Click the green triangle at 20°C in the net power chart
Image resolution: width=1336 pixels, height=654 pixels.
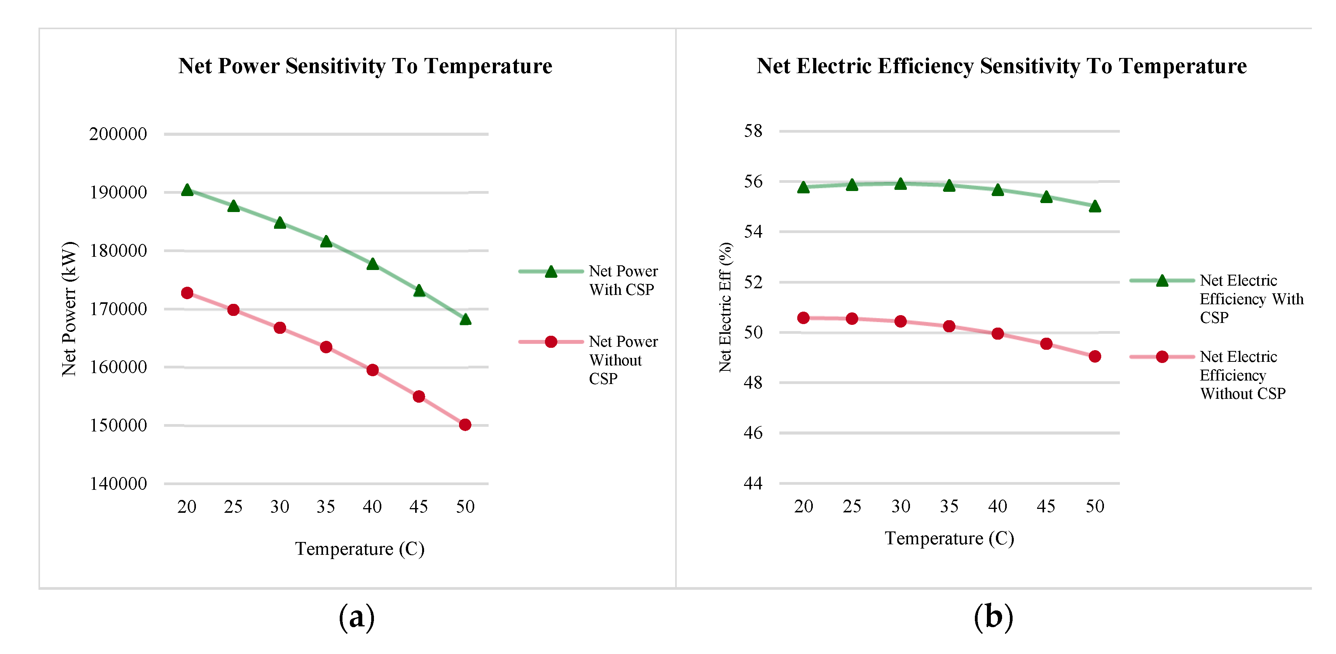[x=187, y=190]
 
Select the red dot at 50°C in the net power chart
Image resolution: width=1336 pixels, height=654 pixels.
[x=465, y=424]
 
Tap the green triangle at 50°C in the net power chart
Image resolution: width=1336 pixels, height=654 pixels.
[x=465, y=319]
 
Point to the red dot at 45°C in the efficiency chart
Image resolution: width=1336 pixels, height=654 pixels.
[x=1046, y=344]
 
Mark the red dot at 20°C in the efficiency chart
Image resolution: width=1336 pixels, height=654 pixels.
[x=803, y=317]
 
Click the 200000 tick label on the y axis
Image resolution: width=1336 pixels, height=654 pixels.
[x=118, y=134]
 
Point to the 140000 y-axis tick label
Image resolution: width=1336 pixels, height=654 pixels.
[x=118, y=484]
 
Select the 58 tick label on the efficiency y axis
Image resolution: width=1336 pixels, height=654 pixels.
[x=753, y=131]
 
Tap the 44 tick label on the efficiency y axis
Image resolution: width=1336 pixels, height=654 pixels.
[x=753, y=483]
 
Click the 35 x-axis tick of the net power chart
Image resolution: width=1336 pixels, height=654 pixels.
[x=326, y=507]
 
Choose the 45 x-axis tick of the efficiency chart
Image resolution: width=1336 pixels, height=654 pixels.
[x=1046, y=506]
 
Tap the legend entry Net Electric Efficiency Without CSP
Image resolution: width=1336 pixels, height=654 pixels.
[x=1242, y=375]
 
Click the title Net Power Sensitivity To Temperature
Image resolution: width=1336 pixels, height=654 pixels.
[x=365, y=66]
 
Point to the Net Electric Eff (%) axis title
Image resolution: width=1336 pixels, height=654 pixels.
[x=725, y=307]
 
